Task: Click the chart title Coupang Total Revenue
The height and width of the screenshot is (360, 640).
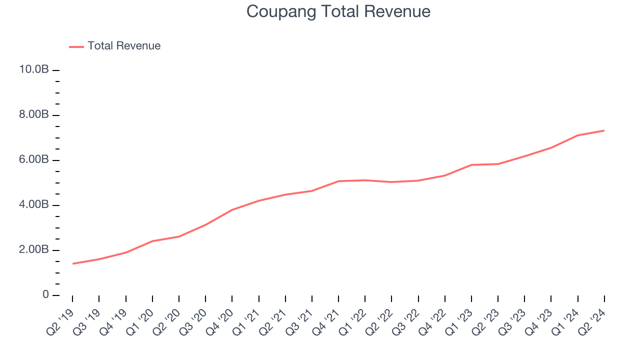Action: (338, 11)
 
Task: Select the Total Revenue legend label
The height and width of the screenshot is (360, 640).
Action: (124, 46)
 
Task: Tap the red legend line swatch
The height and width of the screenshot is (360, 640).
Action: (76, 46)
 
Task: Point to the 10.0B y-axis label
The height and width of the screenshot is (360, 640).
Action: (34, 69)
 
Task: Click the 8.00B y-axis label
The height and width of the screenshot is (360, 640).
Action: (34, 115)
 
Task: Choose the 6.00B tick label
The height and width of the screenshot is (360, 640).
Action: (34, 160)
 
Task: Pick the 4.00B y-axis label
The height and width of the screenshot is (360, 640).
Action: (34, 205)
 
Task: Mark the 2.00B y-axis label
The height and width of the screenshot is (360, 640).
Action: (34, 250)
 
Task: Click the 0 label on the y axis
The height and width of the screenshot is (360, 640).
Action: (45, 295)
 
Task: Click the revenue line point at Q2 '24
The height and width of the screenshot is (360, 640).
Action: (604, 130)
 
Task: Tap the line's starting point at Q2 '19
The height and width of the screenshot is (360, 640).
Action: (73, 263)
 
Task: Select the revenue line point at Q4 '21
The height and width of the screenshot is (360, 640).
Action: (338, 181)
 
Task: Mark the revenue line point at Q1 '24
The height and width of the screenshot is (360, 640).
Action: (577, 135)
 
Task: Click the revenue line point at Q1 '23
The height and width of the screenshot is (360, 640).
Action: (471, 164)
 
